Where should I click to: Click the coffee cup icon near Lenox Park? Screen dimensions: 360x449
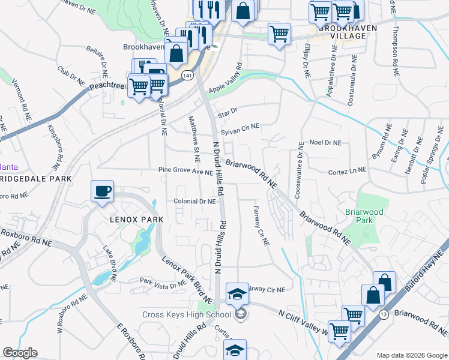click(x=102, y=191)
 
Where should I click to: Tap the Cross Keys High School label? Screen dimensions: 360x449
click(x=187, y=314)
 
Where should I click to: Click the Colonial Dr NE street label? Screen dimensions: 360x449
click(x=194, y=202)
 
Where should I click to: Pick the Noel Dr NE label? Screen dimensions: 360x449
click(x=325, y=143)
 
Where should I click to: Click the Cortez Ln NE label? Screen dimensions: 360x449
click(x=347, y=171)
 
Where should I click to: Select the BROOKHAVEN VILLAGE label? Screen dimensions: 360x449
click(x=343, y=32)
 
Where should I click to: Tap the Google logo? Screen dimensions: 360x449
click(x=20, y=353)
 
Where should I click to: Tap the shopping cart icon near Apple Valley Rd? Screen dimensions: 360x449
click(x=279, y=34)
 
